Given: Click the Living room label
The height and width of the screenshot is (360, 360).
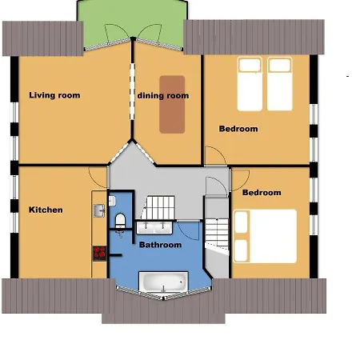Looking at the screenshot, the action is point(54,95).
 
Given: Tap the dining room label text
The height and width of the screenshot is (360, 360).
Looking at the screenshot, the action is point(163,95).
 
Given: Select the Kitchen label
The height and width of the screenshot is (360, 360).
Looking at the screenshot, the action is point(46,210).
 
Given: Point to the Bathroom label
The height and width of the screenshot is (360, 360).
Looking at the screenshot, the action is point(160,245).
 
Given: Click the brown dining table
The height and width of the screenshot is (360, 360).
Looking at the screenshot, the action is point(172,105).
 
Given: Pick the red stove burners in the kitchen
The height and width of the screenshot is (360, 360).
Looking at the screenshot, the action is point(99,254).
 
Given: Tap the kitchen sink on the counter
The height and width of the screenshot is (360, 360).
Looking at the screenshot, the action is point(99,210).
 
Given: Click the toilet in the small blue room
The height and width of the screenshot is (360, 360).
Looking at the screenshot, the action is point(120,221).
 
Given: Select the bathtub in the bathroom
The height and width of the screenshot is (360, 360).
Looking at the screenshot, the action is point(163,282).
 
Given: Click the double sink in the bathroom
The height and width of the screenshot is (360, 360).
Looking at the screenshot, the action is point(154,227).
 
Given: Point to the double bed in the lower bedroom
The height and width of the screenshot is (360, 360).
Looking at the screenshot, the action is point(265,236).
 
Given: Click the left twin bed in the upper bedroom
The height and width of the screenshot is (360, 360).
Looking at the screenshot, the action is point(250,84).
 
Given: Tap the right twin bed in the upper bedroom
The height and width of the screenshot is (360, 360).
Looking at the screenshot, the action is point(280,84).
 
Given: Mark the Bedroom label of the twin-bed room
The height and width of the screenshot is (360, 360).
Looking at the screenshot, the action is point(238,129).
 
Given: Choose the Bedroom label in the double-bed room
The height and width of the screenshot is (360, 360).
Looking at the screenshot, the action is point(262,193).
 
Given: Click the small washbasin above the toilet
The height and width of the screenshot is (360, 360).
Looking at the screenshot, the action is point(112,201).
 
